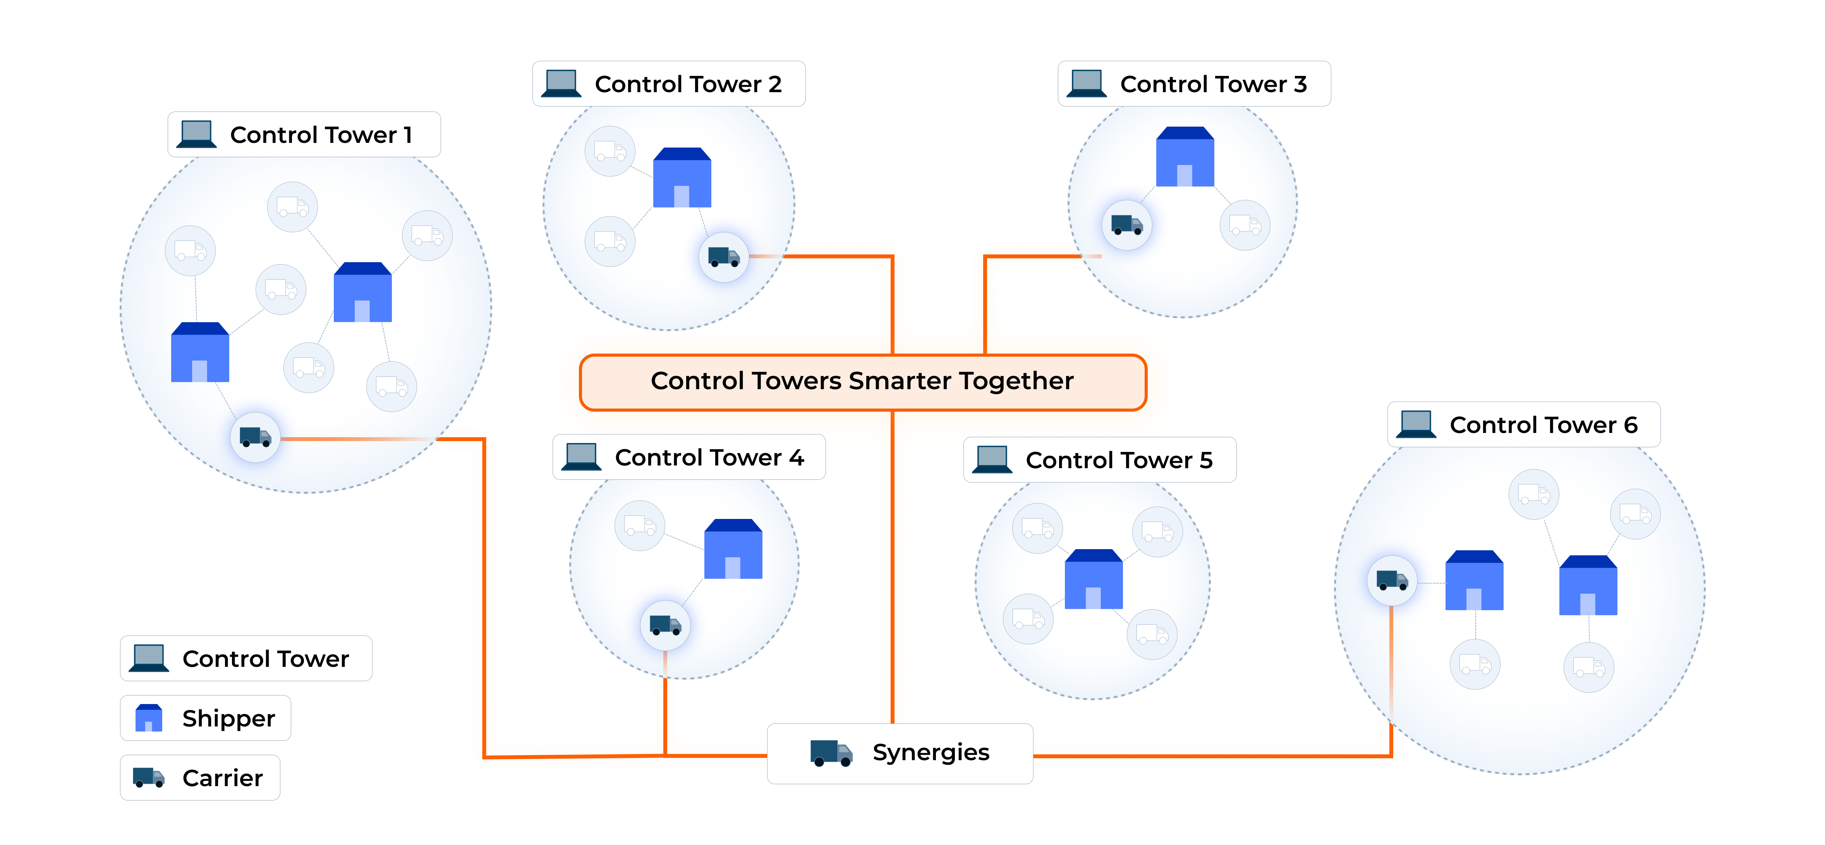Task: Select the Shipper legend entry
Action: tap(206, 718)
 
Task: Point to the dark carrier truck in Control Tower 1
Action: tap(255, 437)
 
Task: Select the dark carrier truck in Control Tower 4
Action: tap(664, 625)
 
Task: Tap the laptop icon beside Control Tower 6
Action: tap(1416, 424)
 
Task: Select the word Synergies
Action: tap(930, 752)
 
